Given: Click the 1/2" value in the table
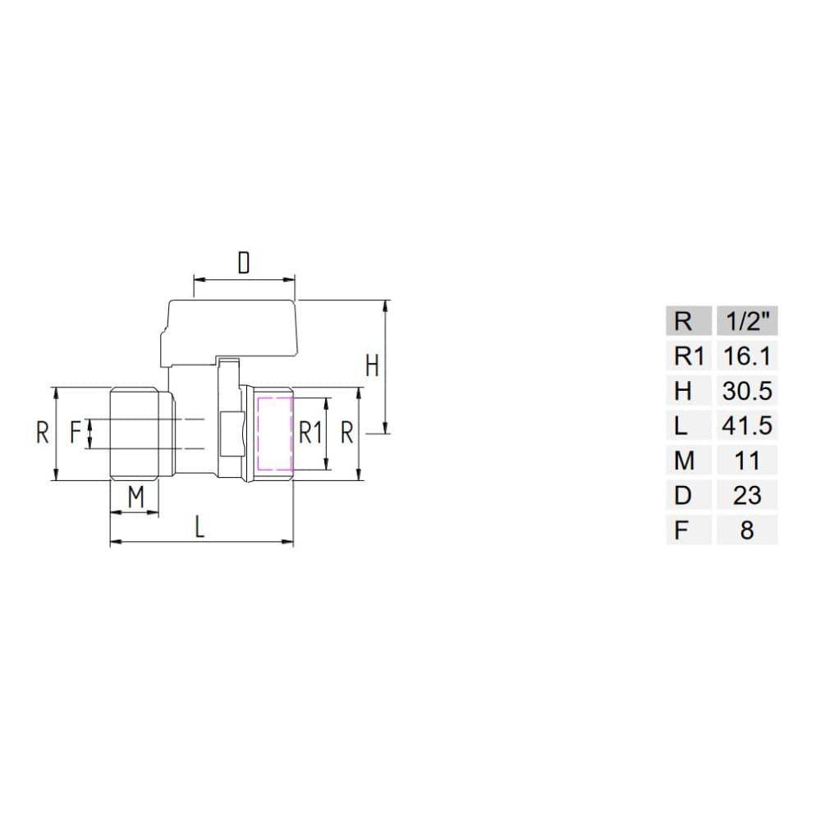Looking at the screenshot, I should tap(746, 321).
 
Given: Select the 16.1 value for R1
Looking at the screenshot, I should tap(746, 356).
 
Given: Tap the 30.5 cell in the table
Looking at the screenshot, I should tap(746, 391).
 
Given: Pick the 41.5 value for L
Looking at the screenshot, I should tap(746, 426).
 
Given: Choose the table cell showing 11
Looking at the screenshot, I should tap(746, 461).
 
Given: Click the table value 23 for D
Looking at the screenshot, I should tap(746, 495).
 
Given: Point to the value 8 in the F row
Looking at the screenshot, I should tap(746, 530).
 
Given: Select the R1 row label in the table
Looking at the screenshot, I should tap(689, 356).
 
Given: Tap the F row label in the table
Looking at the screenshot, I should tap(681, 530).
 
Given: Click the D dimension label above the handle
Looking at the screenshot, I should tap(243, 264).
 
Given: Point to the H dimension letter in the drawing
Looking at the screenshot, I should tap(372, 365).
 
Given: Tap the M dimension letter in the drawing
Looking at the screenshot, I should tap(135, 497).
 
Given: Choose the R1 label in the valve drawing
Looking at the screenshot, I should tap(310, 433).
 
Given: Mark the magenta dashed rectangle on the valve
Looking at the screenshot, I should tap(274, 435).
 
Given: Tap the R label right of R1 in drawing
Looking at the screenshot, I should tap(347, 433).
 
